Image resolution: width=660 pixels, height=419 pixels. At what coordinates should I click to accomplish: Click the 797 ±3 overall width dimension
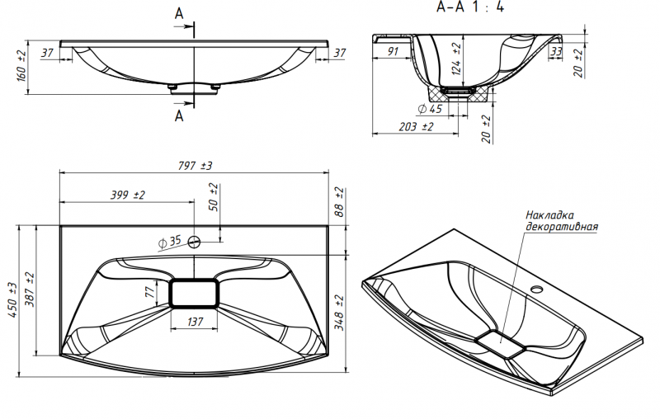coord(195,166)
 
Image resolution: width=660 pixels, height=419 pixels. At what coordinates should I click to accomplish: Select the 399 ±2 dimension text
coord(128,195)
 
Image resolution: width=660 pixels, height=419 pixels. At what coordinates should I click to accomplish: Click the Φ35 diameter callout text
coord(169,242)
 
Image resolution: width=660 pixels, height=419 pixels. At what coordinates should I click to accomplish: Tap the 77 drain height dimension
coord(149,292)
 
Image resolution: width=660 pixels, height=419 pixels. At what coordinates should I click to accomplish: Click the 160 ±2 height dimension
coord(21,64)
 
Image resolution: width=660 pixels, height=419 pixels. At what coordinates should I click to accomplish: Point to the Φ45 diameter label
coord(430,109)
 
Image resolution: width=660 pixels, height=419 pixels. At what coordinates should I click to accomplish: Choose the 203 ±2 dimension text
coord(416,127)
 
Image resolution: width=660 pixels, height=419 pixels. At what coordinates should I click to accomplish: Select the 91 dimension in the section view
coord(392,51)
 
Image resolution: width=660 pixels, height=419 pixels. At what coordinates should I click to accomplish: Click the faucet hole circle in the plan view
coord(195,242)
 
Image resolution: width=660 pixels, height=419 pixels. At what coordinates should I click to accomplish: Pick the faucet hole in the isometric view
coord(538,290)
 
